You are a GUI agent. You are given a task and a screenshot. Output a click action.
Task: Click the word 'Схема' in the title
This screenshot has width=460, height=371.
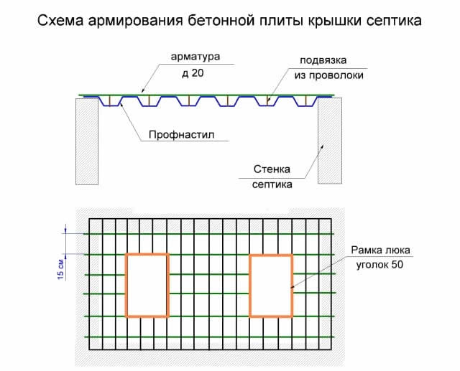coord(60,21)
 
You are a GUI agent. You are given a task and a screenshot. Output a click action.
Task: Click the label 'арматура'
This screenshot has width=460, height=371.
coord(195,57)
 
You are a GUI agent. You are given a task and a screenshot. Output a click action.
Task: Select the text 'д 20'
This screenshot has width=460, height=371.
coord(193,73)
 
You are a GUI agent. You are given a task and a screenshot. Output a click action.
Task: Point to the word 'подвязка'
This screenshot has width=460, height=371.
coord(323,60)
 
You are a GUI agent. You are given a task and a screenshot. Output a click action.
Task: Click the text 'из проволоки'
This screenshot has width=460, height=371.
coord(329,75)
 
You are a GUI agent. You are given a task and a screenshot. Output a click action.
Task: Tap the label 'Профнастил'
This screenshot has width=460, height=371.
coord(182,135)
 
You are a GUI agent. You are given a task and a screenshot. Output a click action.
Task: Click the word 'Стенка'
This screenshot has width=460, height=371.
coord(272,169)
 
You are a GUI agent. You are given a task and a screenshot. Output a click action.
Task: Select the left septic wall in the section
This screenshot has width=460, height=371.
coord(87,141)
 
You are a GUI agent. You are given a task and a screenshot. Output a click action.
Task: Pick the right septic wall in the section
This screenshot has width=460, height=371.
coord(330,141)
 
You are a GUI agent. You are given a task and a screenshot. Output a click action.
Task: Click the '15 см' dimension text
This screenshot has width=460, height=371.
coord(60,269)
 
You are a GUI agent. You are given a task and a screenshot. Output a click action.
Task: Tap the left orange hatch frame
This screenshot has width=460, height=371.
coord(147,286)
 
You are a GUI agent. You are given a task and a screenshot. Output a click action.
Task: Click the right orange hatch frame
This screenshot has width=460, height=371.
coord(271,286)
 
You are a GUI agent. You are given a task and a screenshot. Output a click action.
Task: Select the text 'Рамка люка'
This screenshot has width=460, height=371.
coord(380,250)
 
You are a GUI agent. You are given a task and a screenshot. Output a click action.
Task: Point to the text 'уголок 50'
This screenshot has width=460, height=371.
coord(379,265)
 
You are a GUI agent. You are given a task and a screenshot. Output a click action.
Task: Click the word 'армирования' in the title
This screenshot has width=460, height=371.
coord(135,21)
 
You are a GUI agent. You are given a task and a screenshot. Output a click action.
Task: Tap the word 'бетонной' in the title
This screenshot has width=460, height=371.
coord(221,21)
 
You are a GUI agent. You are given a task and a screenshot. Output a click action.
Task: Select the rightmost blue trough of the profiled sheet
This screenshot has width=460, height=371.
coord(306,101)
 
